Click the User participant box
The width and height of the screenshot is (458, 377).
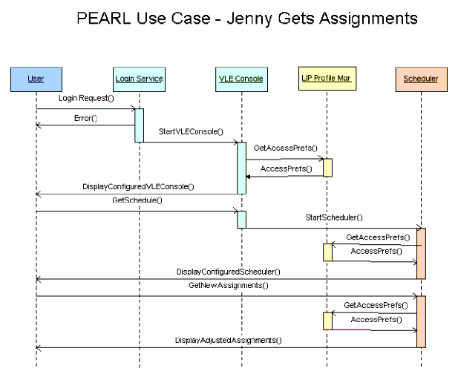(36, 79)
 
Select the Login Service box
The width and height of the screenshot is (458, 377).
(139, 79)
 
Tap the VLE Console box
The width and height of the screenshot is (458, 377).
(241, 79)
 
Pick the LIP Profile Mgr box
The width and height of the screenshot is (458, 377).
(326, 79)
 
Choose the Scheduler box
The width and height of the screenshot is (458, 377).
(420, 79)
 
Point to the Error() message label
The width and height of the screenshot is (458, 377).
(86, 118)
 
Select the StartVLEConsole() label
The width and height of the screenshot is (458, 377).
(191, 131)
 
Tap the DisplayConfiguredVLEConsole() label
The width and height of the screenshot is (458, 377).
(138, 186)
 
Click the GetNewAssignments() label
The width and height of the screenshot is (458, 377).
(228, 285)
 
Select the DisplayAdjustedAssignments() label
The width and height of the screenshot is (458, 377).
(228, 340)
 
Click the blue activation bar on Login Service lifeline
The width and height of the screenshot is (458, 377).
(139, 125)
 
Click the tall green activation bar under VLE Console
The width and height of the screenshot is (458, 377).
(241, 168)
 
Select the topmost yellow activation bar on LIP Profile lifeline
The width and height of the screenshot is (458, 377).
(327, 167)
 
